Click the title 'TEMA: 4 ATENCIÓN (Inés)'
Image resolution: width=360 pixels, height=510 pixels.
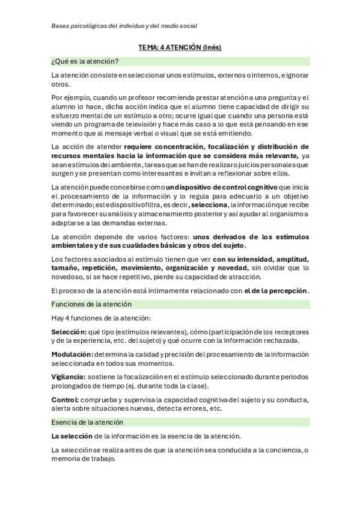180,47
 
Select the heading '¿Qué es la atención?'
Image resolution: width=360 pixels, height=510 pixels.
85,61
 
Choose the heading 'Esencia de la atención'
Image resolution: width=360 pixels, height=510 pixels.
87,422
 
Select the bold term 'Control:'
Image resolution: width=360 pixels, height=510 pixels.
65,400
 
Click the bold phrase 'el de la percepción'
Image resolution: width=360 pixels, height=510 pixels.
276,290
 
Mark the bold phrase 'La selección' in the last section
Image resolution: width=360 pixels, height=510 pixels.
72,435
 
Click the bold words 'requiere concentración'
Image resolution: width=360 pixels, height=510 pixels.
164,146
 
